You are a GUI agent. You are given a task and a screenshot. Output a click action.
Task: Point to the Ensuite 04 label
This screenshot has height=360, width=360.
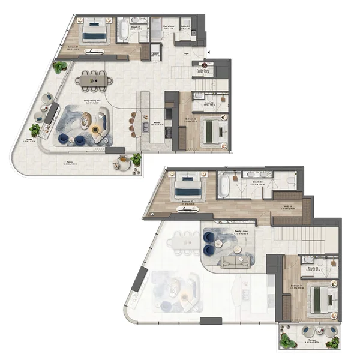pos(311,269)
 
